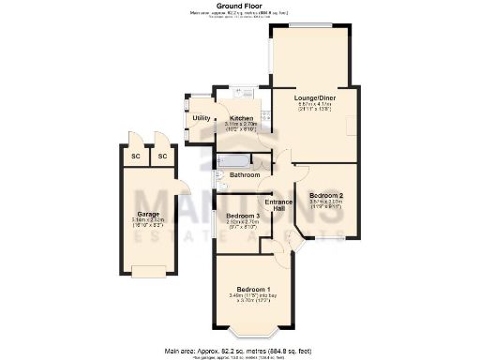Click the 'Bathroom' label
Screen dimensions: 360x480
245,175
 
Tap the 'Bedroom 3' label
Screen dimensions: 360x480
243,216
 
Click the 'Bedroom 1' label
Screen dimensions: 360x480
254,289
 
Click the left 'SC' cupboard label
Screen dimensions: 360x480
136,156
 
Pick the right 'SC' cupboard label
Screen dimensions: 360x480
162,156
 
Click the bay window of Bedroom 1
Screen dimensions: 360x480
255,333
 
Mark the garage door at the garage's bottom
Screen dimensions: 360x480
149,272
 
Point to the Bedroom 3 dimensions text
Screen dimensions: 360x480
243,224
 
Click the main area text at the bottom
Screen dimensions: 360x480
239,351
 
